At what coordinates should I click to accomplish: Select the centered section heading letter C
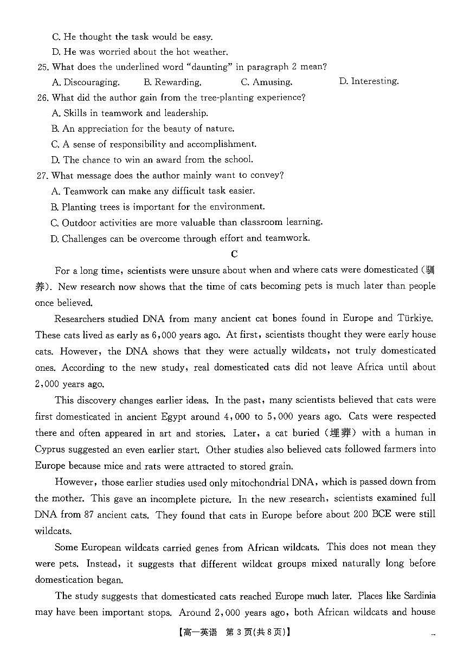coord(234,254)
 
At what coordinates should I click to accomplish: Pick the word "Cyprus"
coord(50,449)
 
